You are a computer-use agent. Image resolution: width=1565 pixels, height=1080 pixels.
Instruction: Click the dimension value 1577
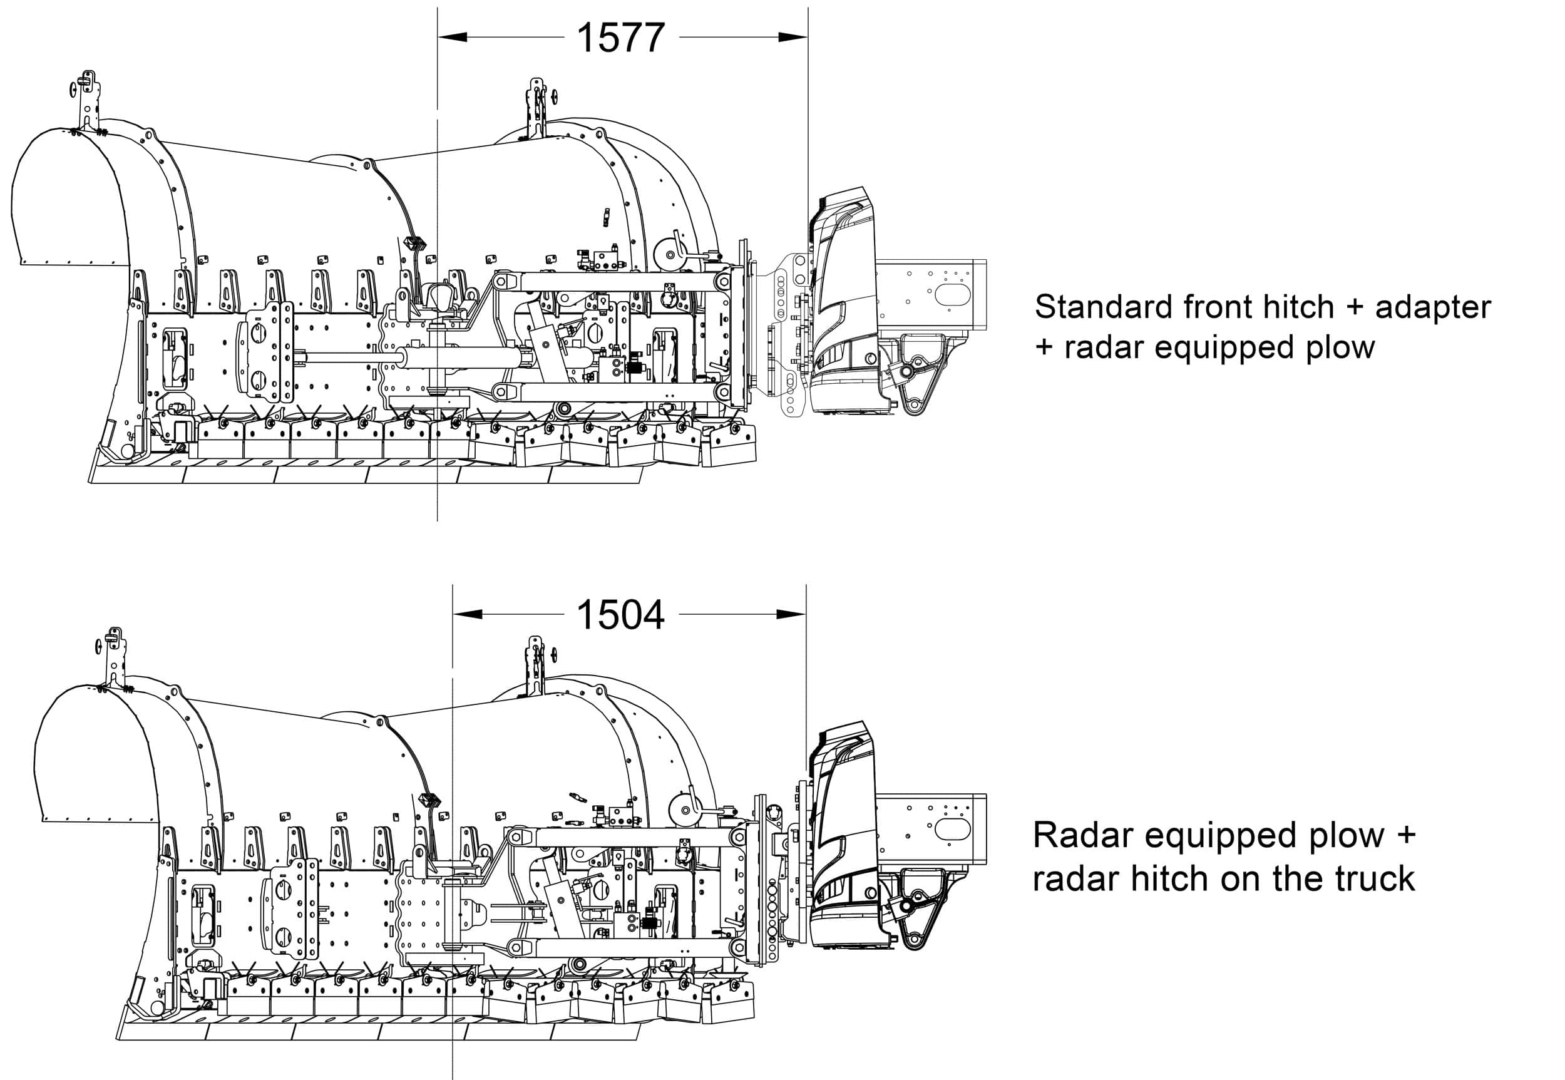click(620, 38)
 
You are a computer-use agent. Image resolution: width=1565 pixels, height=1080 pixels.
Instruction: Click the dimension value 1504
click(620, 615)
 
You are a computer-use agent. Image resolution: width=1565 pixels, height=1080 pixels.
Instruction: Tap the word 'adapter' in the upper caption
click(1432, 308)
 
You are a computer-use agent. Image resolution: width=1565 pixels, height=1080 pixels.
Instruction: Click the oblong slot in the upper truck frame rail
click(953, 295)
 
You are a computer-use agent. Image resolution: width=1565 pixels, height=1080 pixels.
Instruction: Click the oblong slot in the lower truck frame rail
click(953, 828)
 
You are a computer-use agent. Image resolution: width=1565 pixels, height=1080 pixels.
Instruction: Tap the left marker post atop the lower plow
click(114, 656)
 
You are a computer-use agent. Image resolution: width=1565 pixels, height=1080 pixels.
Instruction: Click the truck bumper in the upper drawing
click(843, 304)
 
